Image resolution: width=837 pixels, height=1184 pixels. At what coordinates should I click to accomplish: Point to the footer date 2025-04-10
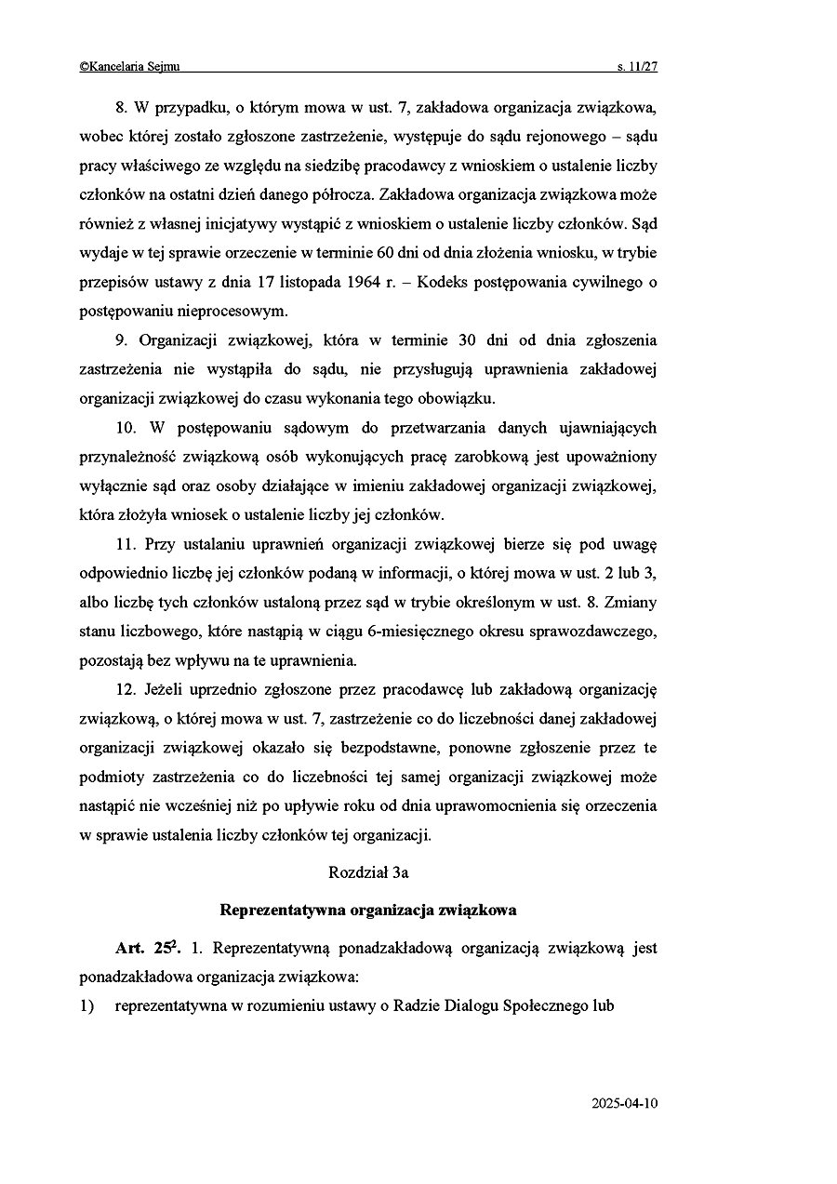click(624, 1104)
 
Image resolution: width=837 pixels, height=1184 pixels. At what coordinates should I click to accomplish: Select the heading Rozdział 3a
click(368, 872)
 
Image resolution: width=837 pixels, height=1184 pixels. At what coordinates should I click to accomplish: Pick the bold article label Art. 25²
click(148, 949)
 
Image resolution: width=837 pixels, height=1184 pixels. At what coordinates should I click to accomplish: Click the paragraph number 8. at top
click(120, 108)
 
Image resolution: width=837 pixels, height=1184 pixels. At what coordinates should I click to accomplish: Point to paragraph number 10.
click(126, 428)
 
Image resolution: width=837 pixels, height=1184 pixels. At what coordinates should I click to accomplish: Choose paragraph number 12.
click(126, 689)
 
